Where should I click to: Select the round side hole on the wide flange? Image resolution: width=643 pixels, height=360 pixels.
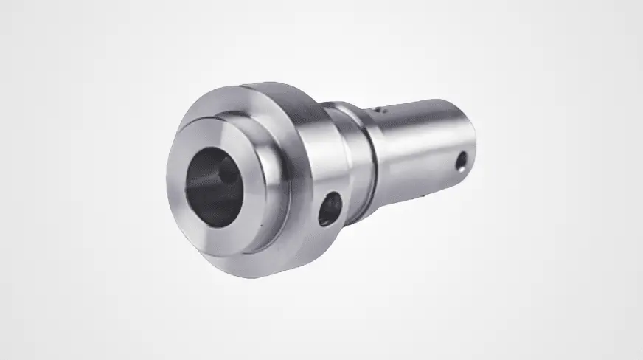(x=330, y=209)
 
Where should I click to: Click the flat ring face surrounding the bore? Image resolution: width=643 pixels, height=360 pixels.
(x=184, y=221)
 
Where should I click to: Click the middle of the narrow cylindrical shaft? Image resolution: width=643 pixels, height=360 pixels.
(x=420, y=148)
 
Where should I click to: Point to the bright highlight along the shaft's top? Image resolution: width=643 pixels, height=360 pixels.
(x=420, y=111)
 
